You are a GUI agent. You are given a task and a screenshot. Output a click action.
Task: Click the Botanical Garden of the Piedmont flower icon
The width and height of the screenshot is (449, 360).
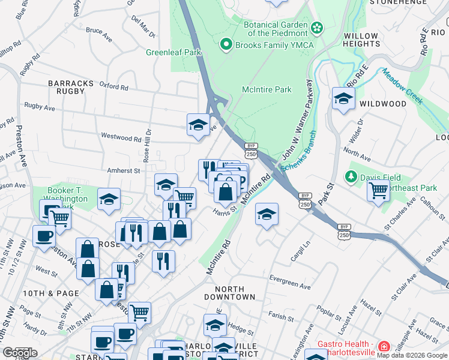(318, 27)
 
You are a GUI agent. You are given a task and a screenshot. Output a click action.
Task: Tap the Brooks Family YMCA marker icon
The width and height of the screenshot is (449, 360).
(226, 43)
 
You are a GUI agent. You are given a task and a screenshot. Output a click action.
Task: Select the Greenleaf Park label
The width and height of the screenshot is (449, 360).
(173, 53)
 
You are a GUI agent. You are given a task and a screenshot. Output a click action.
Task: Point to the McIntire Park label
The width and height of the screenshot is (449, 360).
(267, 90)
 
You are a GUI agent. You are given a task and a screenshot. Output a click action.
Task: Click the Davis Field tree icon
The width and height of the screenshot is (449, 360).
(351, 177)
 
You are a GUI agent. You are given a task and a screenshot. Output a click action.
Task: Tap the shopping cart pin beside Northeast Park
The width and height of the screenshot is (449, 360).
(378, 191)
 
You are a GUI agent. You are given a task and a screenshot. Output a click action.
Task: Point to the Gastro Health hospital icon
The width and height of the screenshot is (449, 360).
(384, 347)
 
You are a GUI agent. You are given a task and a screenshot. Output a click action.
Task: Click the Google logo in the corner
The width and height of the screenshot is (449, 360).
(20, 353)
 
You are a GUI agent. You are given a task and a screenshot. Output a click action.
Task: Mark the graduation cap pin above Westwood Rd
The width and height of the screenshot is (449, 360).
(198, 125)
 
